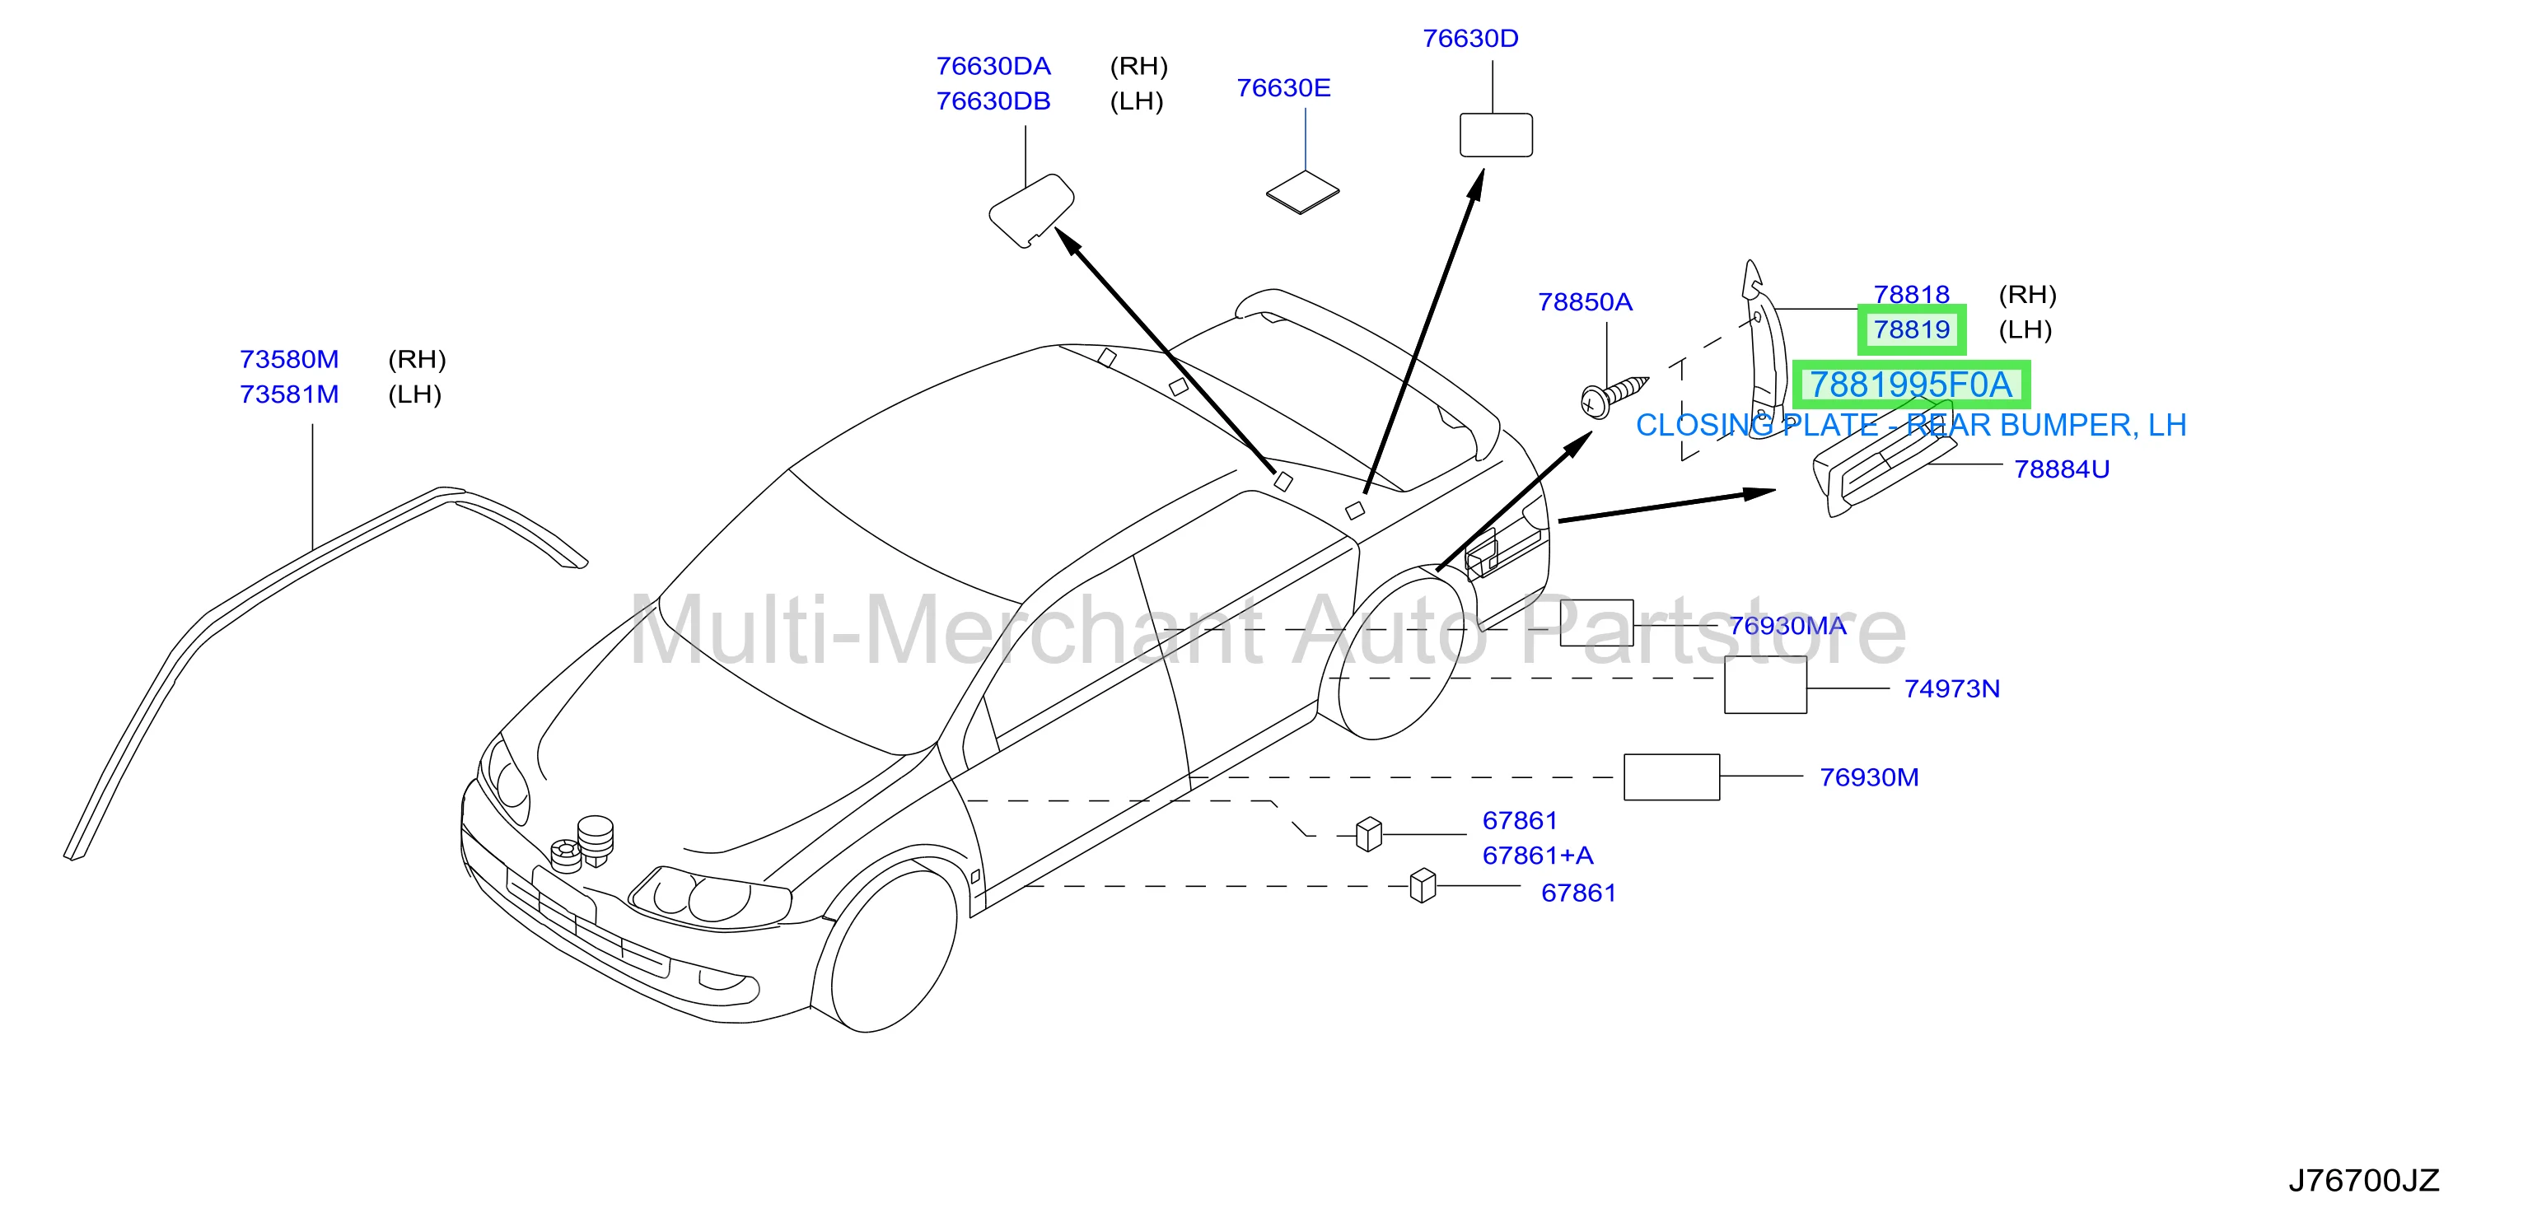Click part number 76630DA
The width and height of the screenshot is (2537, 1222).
pyautogui.click(x=993, y=66)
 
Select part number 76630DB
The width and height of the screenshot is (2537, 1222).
pyautogui.click(x=993, y=101)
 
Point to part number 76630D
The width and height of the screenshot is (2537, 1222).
pyautogui.click(x=1470, y=39)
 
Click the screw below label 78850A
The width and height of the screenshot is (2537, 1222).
pyautogui.click(x=1612, y=396)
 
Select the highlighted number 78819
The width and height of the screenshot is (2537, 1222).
pyautogui.click(x=1912, y=330)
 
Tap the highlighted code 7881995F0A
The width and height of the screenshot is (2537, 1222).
pyautogui.click(x=1911, y=385)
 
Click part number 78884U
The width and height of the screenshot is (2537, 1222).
pyautogui.click(x=2061, y=469)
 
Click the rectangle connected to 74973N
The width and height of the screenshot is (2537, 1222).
pyautogui.click(x=1765, y=684)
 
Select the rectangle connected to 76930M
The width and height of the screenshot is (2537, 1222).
pyautogui.click(x=1671, y=777)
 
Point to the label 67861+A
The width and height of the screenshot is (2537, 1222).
pyautogui.click(x=1537, y=856)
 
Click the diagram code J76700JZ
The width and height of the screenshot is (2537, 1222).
pyautogui.click(x=2364, y=1180)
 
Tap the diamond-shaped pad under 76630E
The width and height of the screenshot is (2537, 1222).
pyautogui.click(x=1302, y=192)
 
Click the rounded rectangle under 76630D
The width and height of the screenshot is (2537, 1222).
pyautogui.click(x=1495, y=135)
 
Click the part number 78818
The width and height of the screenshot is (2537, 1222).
pyautogui.click(x=1911, y=295)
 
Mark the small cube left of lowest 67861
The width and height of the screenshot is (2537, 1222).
pyautogui.click(x=1423, y=885)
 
